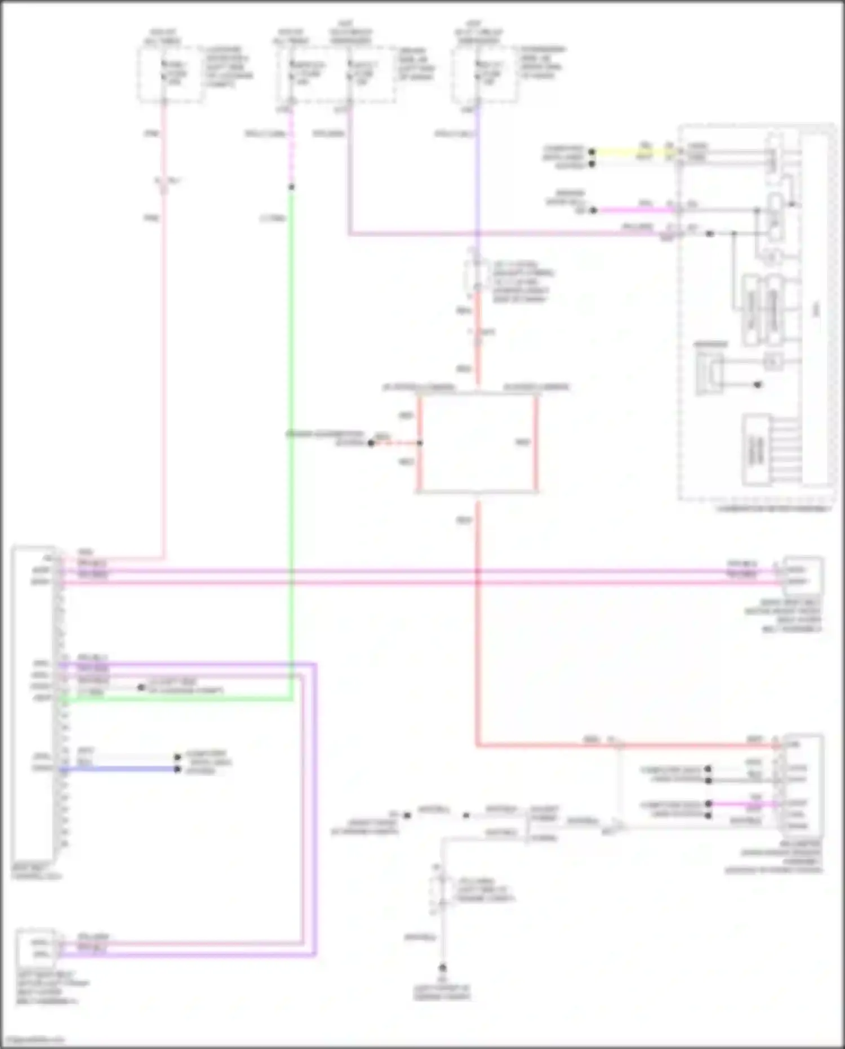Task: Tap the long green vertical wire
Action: [291, 451]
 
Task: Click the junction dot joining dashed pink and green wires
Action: [291, 187]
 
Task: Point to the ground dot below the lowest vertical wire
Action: [443, 968]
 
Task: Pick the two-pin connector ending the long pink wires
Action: [802, 576]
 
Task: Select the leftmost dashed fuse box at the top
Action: [170, 75]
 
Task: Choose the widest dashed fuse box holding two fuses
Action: [336, 75]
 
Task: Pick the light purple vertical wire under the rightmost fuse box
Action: [478, 169]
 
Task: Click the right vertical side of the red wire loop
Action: [536, 442]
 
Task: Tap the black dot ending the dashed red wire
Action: [371, 443]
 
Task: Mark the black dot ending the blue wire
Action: [177, 769]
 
